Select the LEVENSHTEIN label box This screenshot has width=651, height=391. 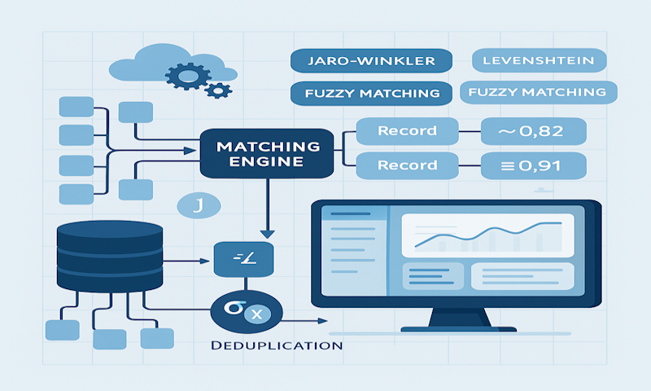click(539, 60)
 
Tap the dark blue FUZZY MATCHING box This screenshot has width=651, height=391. click(370, 93)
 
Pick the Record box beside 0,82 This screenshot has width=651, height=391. click(407, 130)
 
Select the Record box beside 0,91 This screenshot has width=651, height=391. click(407, 165)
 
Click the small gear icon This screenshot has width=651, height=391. click(218, 88)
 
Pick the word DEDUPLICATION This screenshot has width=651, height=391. click(277, 345)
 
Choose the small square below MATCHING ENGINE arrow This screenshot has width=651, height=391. click(243, 259)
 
